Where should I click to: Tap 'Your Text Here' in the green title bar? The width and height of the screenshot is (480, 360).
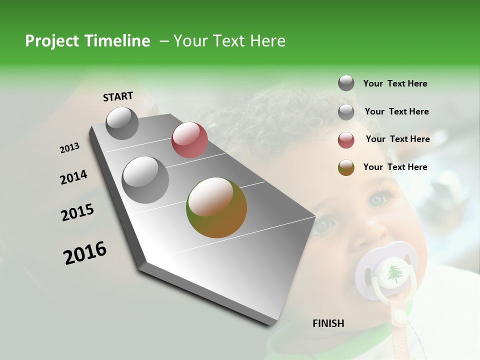[229, 41]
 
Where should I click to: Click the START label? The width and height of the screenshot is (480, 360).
[118, 96]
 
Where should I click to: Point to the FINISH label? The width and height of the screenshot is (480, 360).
[328, 323]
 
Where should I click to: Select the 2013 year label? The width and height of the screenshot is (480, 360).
[69, 148]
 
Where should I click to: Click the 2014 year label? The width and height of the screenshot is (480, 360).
[73, 177]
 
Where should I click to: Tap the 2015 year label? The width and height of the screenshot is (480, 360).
[77, 212]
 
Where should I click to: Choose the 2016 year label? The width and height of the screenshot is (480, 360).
[85, 253]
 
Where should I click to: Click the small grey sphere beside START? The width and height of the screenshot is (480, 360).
[122, 123]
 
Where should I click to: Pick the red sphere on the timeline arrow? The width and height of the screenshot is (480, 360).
[189, 140]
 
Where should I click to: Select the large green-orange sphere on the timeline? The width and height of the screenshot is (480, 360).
[216, 207]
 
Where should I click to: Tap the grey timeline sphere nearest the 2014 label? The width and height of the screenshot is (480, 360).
[145, 179]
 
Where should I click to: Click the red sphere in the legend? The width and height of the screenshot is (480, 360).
[346, 140]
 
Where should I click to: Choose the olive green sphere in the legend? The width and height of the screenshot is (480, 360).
[346, 167]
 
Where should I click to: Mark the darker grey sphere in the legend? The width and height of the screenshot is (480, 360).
[346, 83]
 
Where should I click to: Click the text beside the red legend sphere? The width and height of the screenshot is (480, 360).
[397, 139]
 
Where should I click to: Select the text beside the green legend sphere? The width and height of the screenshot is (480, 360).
[395, 167]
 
